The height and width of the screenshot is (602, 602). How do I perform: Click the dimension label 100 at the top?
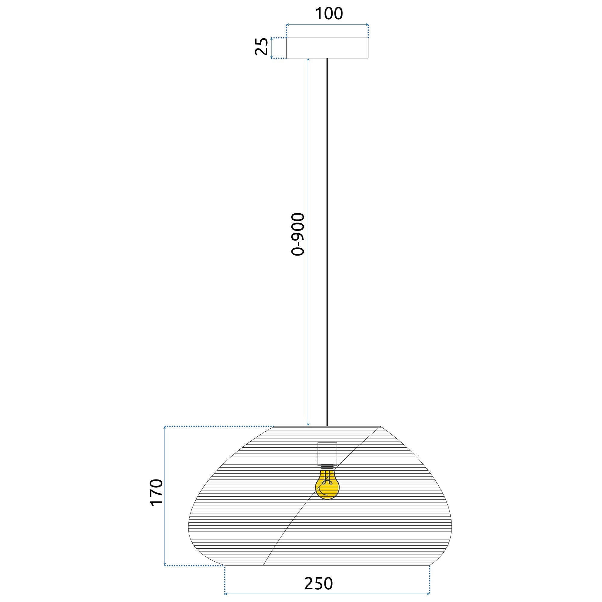329,14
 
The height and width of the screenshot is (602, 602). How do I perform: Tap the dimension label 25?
261,47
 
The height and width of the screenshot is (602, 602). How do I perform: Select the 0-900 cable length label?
298,234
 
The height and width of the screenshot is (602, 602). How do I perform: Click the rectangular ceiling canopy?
327,48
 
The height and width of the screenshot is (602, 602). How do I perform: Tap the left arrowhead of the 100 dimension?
287,24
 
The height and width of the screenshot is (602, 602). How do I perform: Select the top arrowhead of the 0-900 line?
308,60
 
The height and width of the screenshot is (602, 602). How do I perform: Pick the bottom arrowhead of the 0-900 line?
308,424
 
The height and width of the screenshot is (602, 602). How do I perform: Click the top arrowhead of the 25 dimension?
272,39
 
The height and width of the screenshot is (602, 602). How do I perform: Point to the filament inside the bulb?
327,485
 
